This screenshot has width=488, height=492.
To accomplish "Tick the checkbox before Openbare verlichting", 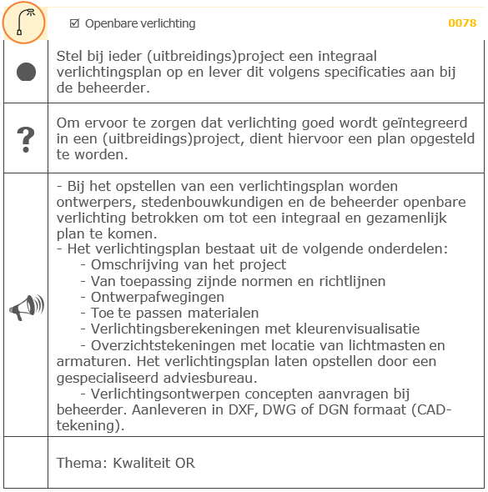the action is [74, 23].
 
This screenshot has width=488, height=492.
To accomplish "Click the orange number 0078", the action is [461, 23].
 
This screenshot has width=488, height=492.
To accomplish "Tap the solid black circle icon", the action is [26, 72].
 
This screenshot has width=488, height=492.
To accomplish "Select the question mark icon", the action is [26, 139].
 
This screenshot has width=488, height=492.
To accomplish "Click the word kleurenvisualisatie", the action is [351, 329].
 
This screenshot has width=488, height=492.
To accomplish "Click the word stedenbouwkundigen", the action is [199, 201].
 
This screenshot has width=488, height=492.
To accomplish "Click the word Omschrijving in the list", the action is [134, 265].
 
